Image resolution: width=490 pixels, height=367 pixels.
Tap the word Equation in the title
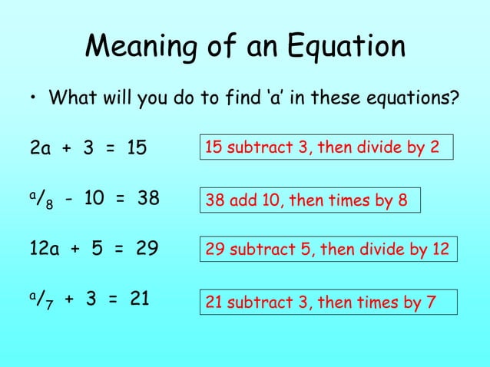[346, 47]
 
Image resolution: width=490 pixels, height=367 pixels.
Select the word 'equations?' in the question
[416, 100]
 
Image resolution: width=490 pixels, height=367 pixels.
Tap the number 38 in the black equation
[147, 199]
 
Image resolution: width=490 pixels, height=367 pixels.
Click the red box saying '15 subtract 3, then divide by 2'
[325, 146]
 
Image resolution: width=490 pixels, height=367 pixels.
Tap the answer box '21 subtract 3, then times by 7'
[319, 303]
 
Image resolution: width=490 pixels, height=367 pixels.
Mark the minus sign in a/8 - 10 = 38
[70, 200]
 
